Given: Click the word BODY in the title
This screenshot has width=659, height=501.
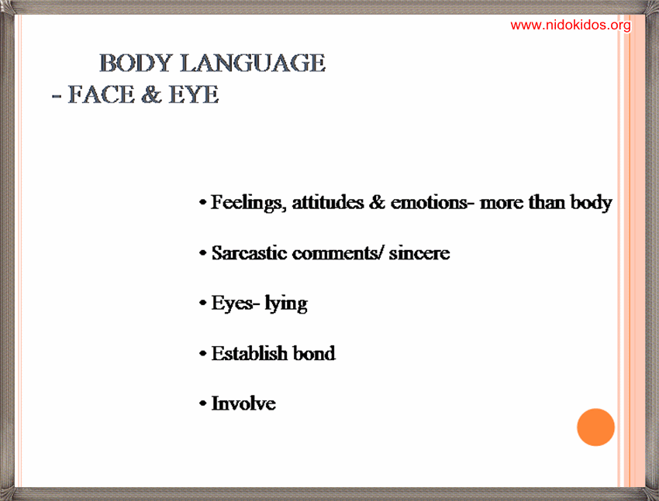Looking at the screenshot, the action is pyautogui.click(x=136, y=63).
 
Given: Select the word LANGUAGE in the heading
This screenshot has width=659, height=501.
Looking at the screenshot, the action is pyautogui.click(x=253, y=63).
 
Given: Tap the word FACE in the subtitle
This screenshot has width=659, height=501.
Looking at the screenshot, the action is pyautogui.click(x=102, y=94).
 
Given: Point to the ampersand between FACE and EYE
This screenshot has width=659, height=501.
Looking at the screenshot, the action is pyautogui.click(x=151, y=94).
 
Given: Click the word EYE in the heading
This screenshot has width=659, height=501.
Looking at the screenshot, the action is pyautogui.click(x=194, y=94).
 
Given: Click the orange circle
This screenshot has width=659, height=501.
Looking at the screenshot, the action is pyautogui.click(x=595, y=427).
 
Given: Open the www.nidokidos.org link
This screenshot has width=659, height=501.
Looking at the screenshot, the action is pyautogui.click(x=571, y=26).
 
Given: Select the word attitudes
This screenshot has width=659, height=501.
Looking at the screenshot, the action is pyautogui.click(x=328, y=202).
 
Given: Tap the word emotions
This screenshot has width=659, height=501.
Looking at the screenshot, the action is pyautogui.click(x=429, y=203).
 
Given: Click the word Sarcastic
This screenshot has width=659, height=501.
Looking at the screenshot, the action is pyautogui.click(x=249, y=253).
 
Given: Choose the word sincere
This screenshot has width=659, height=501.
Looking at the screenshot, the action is pyautogui.click(x=419, y=253).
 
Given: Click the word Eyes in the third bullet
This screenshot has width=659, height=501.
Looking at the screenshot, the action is pyautogui.click(x=232, y=304).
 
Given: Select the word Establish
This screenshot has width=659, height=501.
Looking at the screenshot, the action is pyautogui.click(x=249, y=353).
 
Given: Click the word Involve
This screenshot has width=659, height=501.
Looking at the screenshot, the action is pyautogui.click(x=243, y=403).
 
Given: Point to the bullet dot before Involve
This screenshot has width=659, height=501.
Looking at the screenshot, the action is pyautogui.click(x=203, y=403).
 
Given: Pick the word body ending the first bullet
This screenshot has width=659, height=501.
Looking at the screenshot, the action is pyautogui.click(x=591, y=203).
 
